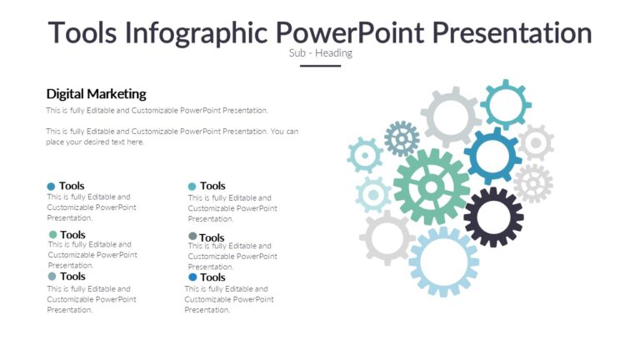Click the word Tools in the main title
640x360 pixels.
tap(82, 32)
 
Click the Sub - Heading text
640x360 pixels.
tap(320, 53)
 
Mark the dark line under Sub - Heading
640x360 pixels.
tap(320, 65)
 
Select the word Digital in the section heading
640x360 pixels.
tap(65, 94)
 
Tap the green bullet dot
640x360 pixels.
tap(52, 235)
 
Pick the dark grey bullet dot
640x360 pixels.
tap(192, 237)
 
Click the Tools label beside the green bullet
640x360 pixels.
tap(72, 235)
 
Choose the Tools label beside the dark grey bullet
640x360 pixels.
tap(212, 237)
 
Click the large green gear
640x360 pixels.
tap(431, 187)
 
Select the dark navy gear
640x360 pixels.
tap(493, 217)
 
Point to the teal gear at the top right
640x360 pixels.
tap(505, 104)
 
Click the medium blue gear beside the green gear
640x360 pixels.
tap(492, 156)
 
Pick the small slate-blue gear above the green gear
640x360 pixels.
tap(402, 138)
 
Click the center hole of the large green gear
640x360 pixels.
tap(431, 187)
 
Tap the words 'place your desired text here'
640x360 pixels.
tap(95, 142)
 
